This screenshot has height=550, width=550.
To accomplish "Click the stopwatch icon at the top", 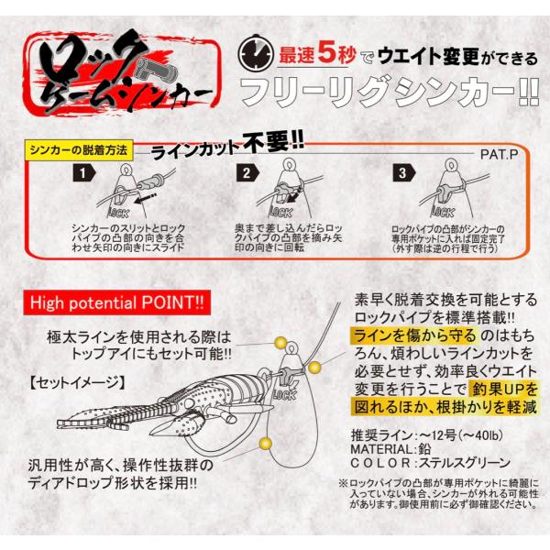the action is click(x=256, y=53).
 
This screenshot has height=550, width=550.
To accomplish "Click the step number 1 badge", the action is click(x=83, y=173).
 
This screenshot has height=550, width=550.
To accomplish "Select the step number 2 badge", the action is click(x=247, y=173).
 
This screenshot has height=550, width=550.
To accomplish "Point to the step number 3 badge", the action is click(x=404, y=173).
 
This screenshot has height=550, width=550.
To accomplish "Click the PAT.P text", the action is click(x=500, y=154).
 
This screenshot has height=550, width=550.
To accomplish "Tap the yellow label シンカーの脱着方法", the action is click(x=79, y=150).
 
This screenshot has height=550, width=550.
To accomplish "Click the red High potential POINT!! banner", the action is click(x=116, y=302).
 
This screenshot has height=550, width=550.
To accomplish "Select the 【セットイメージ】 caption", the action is click(x=78, y=382).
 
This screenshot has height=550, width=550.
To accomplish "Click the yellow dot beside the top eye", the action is click(x=280, y=343).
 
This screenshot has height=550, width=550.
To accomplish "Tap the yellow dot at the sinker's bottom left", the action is click(x=265, y=444).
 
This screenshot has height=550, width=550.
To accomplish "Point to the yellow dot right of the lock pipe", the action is click(x=314, y=368).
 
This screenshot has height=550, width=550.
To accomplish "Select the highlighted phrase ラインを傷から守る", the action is click(x=414, y=335).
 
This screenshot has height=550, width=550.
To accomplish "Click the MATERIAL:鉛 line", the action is click(x=390, y=449).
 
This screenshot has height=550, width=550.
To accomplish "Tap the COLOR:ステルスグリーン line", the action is click(x=431, y=463).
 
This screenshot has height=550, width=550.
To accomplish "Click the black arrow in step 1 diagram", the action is click(x=145, y=198).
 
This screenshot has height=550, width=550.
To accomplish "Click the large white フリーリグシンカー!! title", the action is click(x=390, y=92).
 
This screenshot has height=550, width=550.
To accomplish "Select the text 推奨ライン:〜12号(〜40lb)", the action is click(x=427, y=435).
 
